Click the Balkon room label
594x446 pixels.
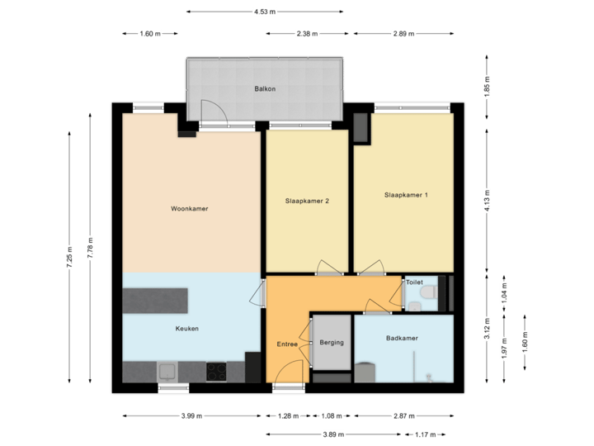[265, 88]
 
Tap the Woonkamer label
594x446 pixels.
[189, 209]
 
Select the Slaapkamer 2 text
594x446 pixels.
[307, 201]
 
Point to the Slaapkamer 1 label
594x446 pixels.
[406, 195]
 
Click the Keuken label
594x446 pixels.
[186, 328]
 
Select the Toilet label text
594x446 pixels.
[413, 282]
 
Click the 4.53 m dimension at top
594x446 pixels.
[264, 12]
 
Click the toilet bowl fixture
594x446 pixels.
[427, 294]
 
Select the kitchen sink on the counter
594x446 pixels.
[166, 371]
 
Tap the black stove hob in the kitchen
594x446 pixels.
[217, 372]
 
